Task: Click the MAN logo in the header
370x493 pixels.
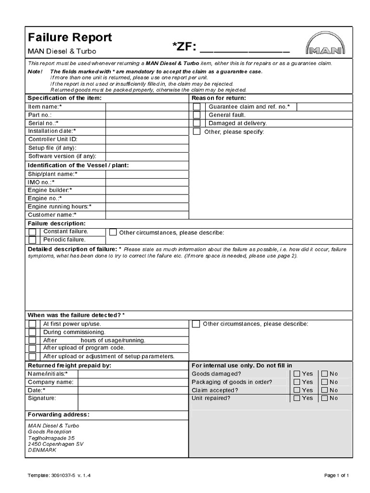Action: tap(325, 44)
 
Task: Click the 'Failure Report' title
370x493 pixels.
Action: tap(70, 38)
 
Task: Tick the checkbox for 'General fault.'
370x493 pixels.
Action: tap(197, 115)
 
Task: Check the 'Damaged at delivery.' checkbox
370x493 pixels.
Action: tap(197, 123)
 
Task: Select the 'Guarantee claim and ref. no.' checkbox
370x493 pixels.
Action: tap(197, 107)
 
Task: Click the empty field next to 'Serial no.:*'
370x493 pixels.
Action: tap(146, 123)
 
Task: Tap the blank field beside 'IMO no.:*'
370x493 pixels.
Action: tap(146, 182)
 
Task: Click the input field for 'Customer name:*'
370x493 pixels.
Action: tap(146, 215)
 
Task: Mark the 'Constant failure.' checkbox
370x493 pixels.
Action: tap(32, 232)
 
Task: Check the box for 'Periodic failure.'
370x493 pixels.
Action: tap(32, 240)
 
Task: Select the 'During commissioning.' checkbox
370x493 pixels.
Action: tap(32, 332)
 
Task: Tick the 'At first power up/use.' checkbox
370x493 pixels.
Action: tap(32, 324)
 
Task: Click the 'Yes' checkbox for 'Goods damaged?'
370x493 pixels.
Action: tap(297, 374)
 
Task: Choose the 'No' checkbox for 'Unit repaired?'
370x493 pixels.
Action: tap(325, 398)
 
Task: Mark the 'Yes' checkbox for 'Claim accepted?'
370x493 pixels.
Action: tap(297, 390)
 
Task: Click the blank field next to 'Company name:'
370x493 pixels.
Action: tap(132, 382)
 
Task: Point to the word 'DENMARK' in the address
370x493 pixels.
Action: tap(42, 450)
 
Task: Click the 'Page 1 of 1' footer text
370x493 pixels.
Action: tap(336, 475)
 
